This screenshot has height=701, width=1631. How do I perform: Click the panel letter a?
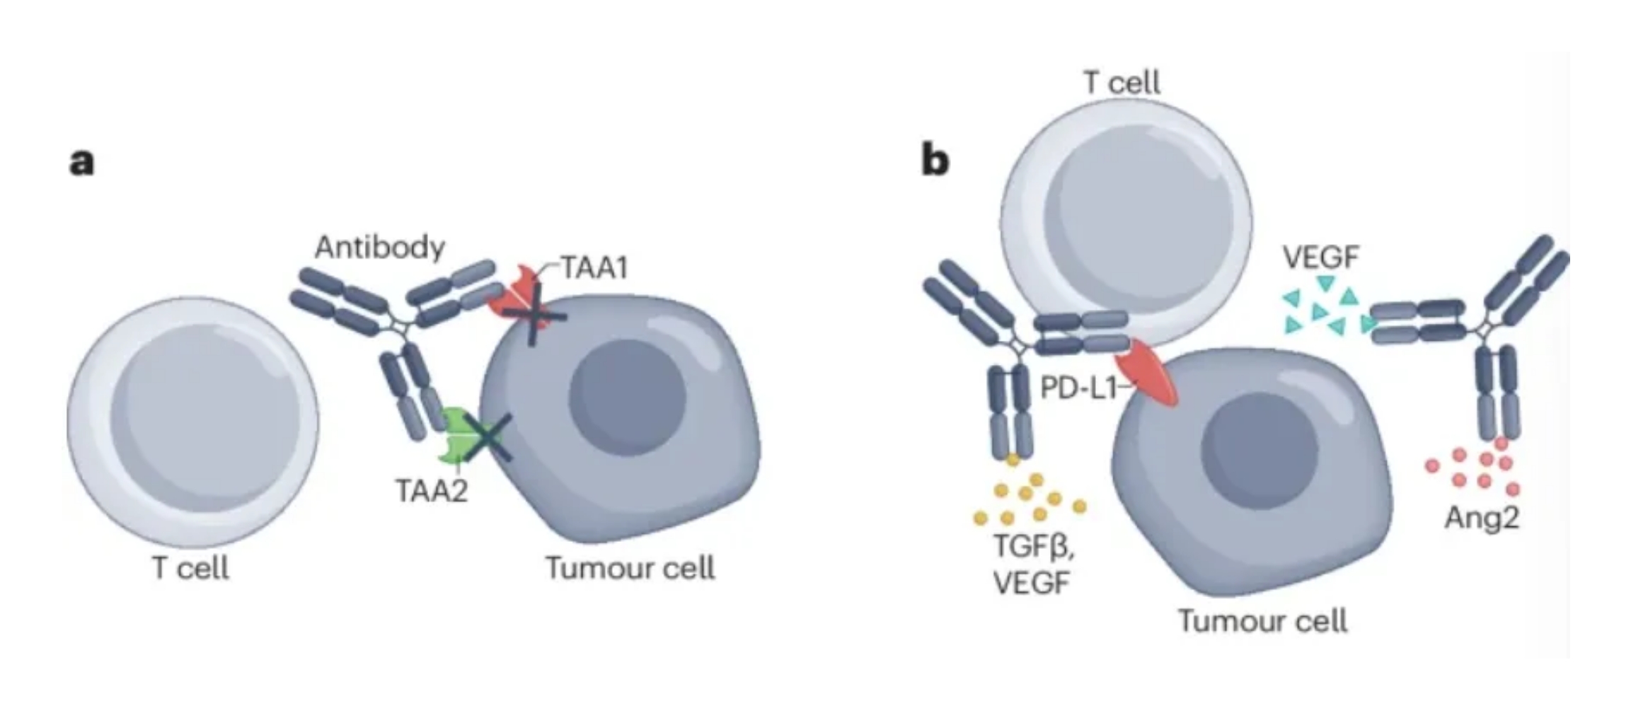[81, 162]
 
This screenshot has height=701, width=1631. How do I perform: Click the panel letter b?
[935, 161]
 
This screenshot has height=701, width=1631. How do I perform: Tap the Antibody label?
[380, 247]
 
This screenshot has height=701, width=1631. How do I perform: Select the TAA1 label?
[594, 268]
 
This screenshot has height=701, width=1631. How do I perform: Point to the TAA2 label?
[432, 490]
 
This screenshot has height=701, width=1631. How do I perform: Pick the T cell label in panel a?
[190, 567]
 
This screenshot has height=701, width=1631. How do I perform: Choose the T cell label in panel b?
[1122, 83]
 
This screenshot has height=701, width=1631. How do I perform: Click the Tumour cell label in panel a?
[630, 567]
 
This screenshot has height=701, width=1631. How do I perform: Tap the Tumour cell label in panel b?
[1262, 620]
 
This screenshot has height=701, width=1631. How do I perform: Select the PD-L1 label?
[1078, 388]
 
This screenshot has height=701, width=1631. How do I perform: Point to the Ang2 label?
[1482, 518]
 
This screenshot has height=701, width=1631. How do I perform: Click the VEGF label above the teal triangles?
[1320, 257]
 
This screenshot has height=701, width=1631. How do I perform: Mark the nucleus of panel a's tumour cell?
[627, 398]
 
